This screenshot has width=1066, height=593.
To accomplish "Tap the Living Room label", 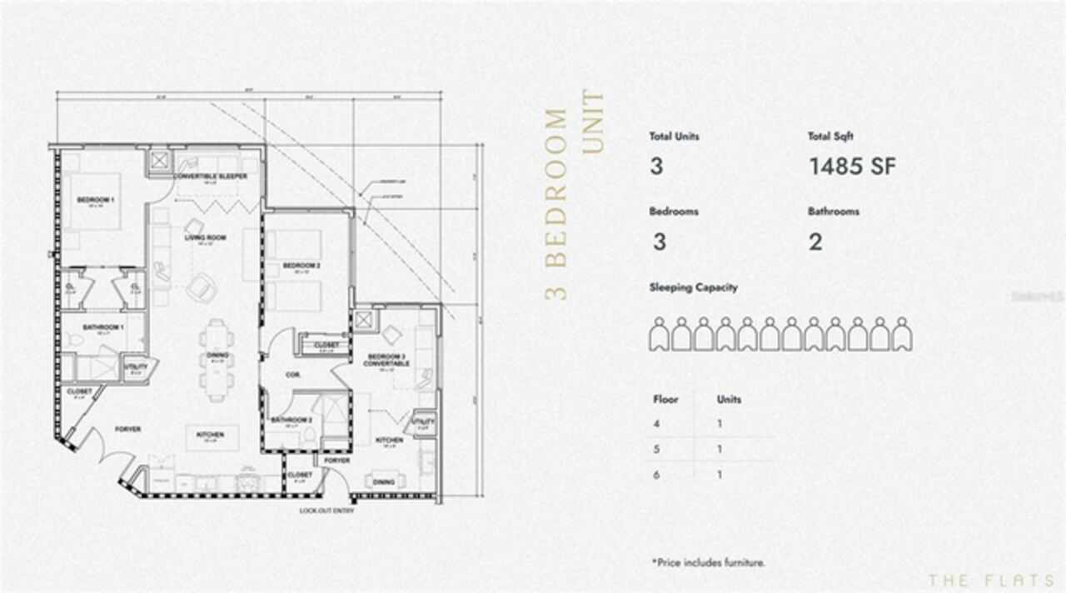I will tap(205, 237).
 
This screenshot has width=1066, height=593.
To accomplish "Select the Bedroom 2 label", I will tap(296, 266).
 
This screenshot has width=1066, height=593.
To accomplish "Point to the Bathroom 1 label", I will tap(103, 326).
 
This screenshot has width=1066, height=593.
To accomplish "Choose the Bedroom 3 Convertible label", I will tap(386, 361).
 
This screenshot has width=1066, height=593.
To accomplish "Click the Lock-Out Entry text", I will tap(326, 511).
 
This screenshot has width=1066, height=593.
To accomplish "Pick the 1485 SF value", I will tap(852, 167).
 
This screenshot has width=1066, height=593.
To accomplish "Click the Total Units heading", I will tap(674, 137).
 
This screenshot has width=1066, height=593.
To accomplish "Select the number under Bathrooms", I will tap(815, 242).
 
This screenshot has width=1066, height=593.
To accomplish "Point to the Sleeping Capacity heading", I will tap(693, 287).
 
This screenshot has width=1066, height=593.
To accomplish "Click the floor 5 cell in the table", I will tap(658, 450).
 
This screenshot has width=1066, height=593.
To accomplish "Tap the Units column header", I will tap(729, 400).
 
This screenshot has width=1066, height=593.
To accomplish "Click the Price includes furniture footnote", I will tap(708, 563).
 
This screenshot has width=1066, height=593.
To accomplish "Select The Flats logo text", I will tap(990, 580).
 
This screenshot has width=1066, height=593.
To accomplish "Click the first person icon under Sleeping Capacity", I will tap(660, 334).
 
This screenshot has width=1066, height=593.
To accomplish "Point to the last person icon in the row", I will tap(902, 334).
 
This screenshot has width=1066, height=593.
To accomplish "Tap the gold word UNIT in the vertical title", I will tap(592, 122).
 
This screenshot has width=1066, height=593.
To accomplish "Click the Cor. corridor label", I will tap(292, 376).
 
